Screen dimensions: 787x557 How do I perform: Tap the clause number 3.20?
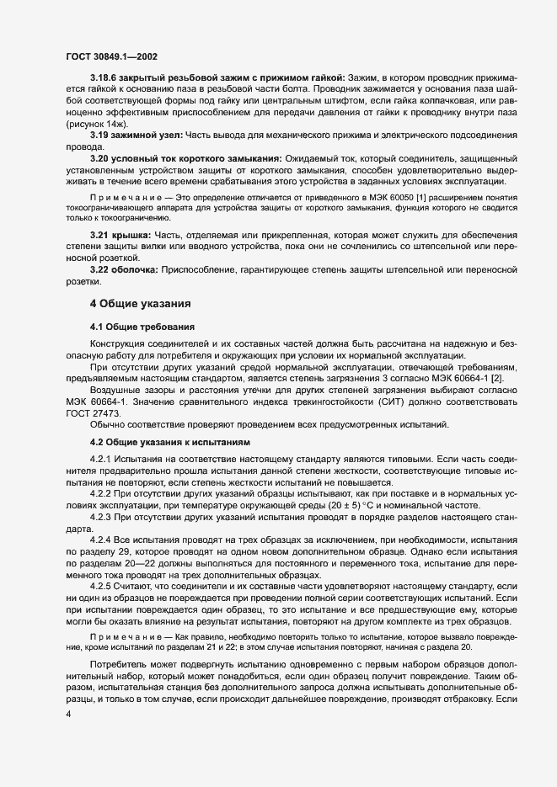coord(100,160)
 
